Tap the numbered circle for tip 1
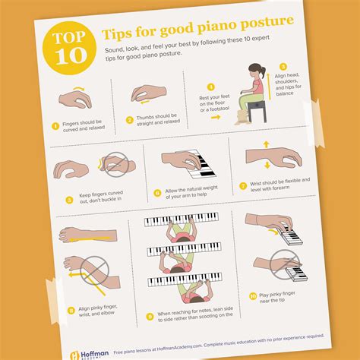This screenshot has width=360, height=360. pos(55,126)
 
